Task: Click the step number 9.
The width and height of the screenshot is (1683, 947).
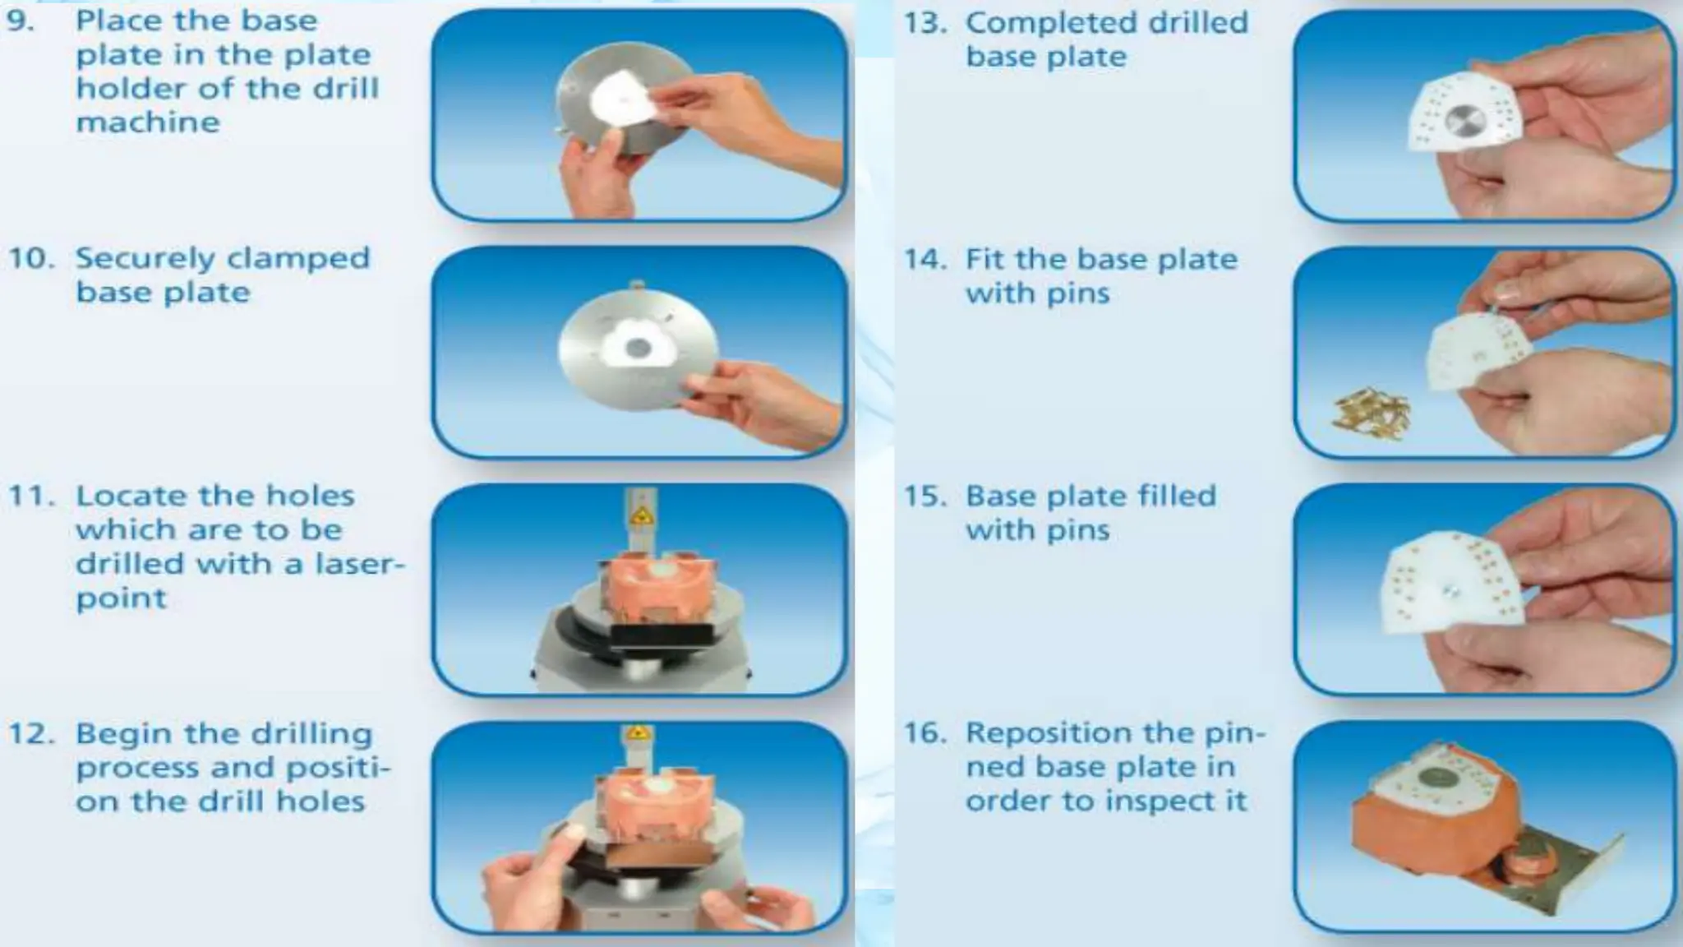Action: [x=21, y=21]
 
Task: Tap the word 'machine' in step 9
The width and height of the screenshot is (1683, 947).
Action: [x=148, y=122]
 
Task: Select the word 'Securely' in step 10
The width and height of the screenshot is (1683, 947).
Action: [x=140, y=258]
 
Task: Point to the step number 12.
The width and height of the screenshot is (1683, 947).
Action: [x=31, y=733]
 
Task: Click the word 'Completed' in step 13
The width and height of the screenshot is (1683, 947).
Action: [x=1047, y=23]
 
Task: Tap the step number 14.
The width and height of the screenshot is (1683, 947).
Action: [x=925, y=260]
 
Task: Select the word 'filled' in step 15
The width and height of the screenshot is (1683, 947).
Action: [x=1176, y=497]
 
